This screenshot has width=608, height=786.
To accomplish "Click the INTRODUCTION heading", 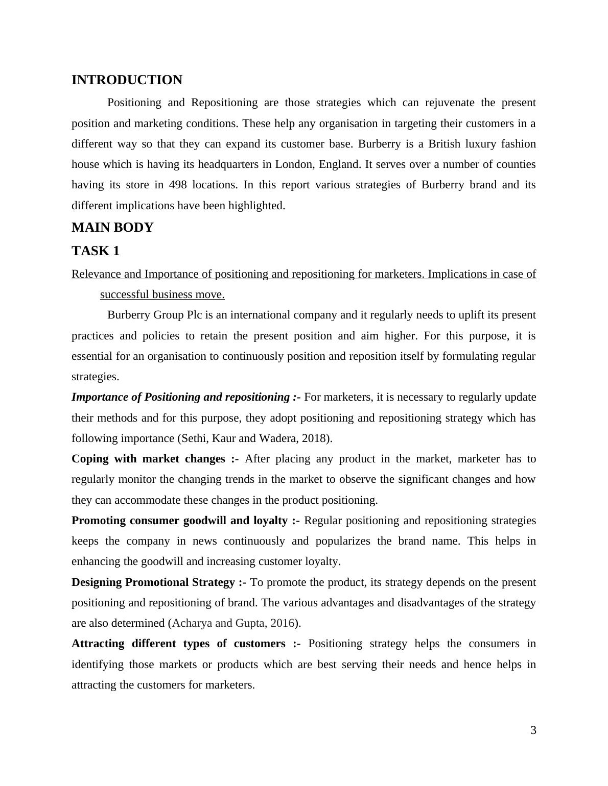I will [x=127, y=80].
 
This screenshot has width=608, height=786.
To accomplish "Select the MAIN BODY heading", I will [x=112, y=228].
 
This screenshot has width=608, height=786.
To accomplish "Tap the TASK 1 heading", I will [x=96, y=251].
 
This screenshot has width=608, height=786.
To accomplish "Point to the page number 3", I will [x=533, y=730].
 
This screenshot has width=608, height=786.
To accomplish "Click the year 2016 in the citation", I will [x=283, y=623].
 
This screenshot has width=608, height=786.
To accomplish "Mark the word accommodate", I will [x=148, y=500].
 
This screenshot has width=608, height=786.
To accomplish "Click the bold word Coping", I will [x=89, y=459].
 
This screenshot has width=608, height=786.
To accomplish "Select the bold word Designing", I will [x=97, y=582].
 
